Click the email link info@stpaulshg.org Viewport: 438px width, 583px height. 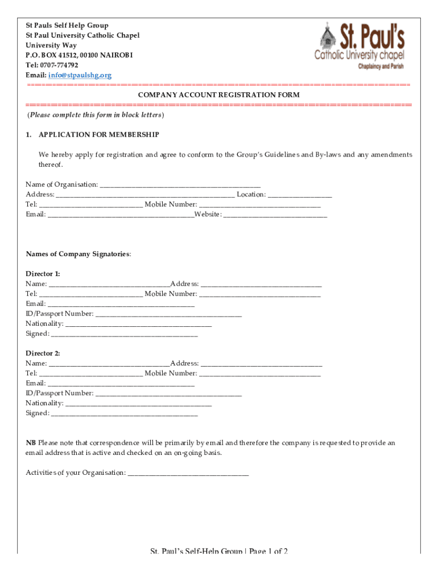(x=80, y=75)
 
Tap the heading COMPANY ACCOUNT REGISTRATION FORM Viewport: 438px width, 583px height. (x=219, y=95)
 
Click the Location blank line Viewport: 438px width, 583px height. (x=300, y=195)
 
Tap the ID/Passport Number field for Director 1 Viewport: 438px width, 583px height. (x=168, y=314)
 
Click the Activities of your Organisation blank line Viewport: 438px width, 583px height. (x=188, y=473)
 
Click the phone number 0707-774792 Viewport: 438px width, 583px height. (x=58, y=65)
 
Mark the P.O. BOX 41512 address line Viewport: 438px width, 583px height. (x=79, y=55)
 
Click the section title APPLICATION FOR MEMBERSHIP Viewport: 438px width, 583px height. (x=98, y=135)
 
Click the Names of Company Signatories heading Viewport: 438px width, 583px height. (x=78, y=254)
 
